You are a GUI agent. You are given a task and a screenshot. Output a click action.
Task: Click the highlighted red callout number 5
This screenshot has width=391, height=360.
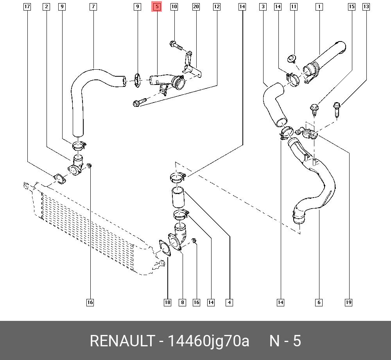(x=156, y=7)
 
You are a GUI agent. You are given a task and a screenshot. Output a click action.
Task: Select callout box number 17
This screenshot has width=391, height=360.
(x=27, y=7)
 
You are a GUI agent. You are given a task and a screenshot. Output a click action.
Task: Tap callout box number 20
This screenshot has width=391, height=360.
(x=196, y=7)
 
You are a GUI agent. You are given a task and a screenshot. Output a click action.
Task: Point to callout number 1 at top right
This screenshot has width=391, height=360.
(x=319, y=7)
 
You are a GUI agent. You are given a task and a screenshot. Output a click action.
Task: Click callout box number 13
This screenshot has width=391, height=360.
(x=366, y=7)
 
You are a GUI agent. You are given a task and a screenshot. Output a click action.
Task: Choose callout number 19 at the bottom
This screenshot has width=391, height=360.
(x=348, y=302)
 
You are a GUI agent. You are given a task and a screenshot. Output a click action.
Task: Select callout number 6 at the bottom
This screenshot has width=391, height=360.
(x=319, y=302)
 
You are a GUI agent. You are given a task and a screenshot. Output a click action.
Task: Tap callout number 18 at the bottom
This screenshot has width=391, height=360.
(x=167, y=302)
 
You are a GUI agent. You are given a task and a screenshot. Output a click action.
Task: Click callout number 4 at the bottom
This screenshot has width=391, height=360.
(x=229, y=302)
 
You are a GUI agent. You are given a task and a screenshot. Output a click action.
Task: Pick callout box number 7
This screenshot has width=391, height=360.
(x=93, y=7)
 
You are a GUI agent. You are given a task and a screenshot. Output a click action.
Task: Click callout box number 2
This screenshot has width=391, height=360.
(x=47, y=7)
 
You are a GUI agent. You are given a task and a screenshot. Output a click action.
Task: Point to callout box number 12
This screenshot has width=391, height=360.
(x=216, y=7)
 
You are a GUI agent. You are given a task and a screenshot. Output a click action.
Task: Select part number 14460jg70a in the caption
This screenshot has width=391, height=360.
(x=208, y=341)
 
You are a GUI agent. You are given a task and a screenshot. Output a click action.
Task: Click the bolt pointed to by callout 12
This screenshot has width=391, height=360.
(x=139, y=103)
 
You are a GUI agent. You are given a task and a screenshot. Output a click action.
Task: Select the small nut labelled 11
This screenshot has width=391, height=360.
(x=291, y=59)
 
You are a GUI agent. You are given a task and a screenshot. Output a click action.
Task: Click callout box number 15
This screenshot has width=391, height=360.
(x=352, y=7)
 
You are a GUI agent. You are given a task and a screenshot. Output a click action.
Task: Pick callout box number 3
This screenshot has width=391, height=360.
(x=263, y=7)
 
